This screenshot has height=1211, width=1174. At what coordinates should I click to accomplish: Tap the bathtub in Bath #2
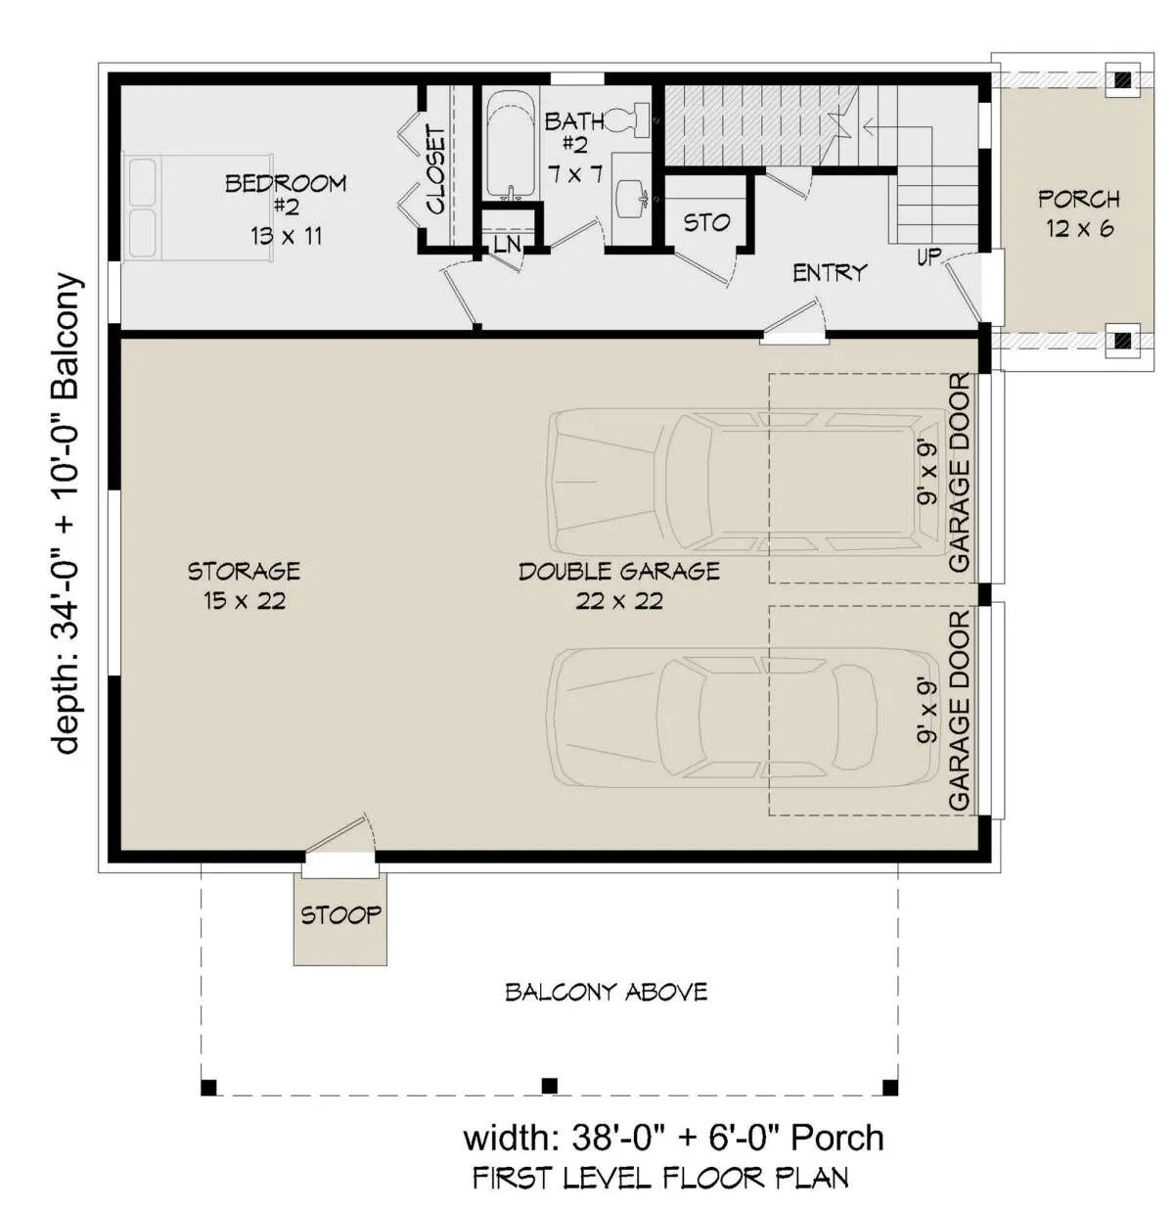[510, 146]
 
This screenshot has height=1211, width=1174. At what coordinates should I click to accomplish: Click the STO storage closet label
[707, 222]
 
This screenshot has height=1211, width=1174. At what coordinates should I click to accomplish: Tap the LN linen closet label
[507, 244]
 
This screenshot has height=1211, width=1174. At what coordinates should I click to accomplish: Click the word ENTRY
[830, 272]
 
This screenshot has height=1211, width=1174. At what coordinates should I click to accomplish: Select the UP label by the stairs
[929, 256]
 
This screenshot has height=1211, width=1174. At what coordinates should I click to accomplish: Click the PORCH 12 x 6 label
[1079, 213]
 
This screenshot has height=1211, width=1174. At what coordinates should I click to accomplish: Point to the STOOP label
[340, 915]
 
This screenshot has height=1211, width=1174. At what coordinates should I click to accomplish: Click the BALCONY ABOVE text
[607, 992]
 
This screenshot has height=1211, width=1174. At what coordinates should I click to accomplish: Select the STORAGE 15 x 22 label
[245, 585]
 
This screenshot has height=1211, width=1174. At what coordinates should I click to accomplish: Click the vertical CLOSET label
[436, 170]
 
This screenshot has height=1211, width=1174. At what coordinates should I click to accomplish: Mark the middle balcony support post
[549, 1086]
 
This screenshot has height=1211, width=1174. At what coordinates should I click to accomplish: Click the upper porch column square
[1122, 79]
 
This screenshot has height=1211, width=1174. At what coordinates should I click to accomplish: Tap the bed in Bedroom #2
[200, 208]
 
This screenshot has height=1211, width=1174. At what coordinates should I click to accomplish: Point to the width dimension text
[673, 1138]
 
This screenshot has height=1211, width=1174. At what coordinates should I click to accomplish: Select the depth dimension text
[68, 514]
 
